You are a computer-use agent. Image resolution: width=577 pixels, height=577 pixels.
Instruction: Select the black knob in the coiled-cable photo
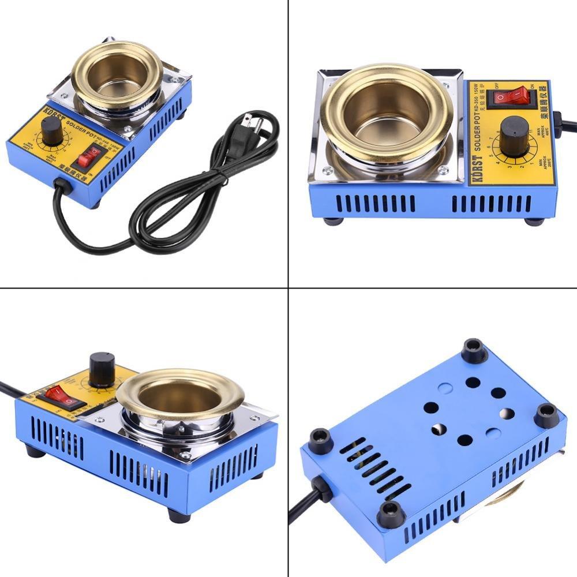[x=52, y=132]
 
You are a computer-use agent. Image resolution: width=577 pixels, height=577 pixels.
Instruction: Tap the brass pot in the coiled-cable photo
[x=116, y=72]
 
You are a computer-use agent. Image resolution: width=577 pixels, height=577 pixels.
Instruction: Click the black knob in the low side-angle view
[x=102, y=368]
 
